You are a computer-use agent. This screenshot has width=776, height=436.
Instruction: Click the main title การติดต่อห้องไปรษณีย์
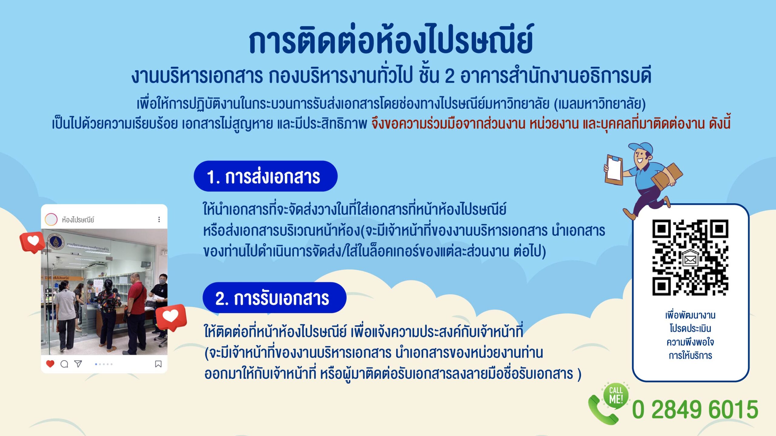391,39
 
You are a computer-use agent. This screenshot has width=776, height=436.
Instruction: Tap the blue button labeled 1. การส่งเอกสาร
266,176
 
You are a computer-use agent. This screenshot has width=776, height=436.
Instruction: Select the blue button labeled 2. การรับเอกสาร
274,298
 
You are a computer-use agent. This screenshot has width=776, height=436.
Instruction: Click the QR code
690,257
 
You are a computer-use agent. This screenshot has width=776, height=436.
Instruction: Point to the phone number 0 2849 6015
695,410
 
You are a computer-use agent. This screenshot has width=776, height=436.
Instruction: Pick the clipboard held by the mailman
614,169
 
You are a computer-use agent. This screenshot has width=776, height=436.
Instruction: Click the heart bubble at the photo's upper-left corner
32,242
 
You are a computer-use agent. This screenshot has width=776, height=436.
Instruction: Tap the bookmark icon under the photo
158,364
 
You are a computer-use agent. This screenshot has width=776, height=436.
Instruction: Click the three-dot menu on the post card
159,219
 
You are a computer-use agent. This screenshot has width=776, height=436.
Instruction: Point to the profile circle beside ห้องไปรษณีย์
51,219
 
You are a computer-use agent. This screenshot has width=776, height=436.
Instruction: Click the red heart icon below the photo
50,364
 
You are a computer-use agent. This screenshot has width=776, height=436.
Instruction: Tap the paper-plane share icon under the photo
78,364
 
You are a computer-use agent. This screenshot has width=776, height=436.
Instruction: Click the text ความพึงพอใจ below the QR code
690,342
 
